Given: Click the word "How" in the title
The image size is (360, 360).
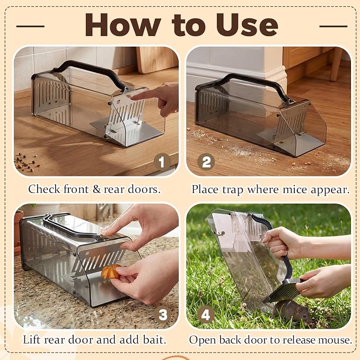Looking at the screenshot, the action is [x=123, y=25].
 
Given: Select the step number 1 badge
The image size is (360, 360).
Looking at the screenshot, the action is [x=162, y=162].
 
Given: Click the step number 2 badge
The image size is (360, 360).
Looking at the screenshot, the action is [x=206, y=162].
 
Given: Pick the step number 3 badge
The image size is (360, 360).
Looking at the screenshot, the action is [x=163, y=314].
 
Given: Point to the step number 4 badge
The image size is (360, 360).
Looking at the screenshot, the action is [x=206, y=314].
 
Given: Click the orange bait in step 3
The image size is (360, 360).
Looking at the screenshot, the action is [x=111, y=271].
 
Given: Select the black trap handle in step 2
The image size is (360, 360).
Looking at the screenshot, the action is [x=252, y=85].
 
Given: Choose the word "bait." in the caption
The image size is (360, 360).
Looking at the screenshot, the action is [x=154, y=340].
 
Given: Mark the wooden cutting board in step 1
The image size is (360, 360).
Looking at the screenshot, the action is [x=157, y=60].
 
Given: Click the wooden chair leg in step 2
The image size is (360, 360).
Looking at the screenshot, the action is [x=336, y=64].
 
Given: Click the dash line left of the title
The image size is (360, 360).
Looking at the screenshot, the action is [x=30, y=26].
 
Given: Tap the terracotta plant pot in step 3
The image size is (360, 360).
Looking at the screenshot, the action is [x=19, y=232].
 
